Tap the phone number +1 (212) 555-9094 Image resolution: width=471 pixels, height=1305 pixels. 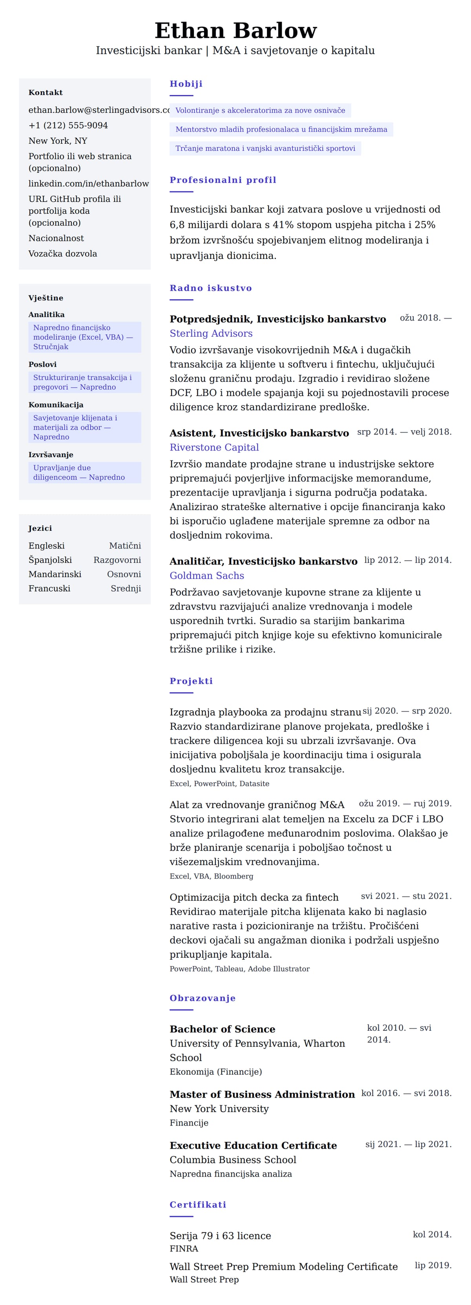tap(68, 125)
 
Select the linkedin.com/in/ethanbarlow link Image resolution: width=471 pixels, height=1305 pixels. tap(89, 183)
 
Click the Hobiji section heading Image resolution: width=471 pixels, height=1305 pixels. tap(186, 84)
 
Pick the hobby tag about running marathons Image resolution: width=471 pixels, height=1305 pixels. tap(265, 148)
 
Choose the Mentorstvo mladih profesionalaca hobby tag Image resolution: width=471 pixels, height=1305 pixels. tap(281, 129)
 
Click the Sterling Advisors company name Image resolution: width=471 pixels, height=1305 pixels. tap(211, 334)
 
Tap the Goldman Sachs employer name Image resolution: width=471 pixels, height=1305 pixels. tap(206, 576)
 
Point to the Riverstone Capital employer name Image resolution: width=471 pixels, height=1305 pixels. tap(214, 447)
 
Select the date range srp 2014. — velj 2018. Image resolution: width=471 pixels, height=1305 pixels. tap(404, 432)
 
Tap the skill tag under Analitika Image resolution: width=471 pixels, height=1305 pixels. tap(84, 337)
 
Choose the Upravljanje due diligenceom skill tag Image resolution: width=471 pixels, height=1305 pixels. tap(84, 472)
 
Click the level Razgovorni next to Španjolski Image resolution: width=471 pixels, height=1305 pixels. tap(117, 560)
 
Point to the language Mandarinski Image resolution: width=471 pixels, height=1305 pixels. tap(55, 574)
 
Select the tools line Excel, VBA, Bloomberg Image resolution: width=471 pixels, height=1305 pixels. tap(211, 876)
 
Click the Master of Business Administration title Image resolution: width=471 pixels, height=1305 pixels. tap(262, 1094)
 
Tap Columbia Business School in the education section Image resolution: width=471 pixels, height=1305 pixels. tap(233, 1160)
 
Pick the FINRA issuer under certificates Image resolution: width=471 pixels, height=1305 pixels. tap(184, 1249)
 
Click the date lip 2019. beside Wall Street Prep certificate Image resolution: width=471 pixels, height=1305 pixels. tap(433, 1265)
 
